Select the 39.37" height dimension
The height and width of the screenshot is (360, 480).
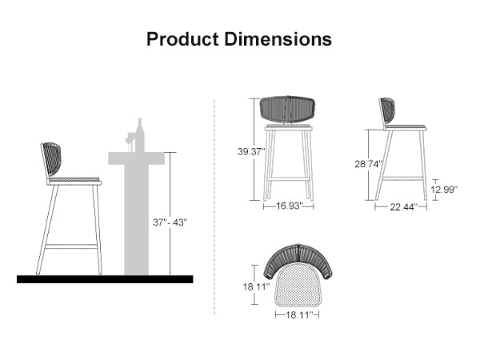pyautogui.click(x=251, y=151)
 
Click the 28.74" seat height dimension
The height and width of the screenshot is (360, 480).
pyautogui.click(x=369, y=163)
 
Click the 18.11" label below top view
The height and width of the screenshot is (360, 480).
pyautogui.click(x=298, y=315)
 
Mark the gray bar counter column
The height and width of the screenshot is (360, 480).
pyautogui.click(x=137, y=216)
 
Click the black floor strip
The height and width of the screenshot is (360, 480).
pyautogui.click(x=105, y=279)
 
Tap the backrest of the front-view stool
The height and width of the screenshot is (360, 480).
pyautogui.click(x=289, y=110)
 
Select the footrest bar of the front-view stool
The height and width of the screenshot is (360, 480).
pyautogui.click(x=289, y=178)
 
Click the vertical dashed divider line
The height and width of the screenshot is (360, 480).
pyautogui.click(x=214, y=208)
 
